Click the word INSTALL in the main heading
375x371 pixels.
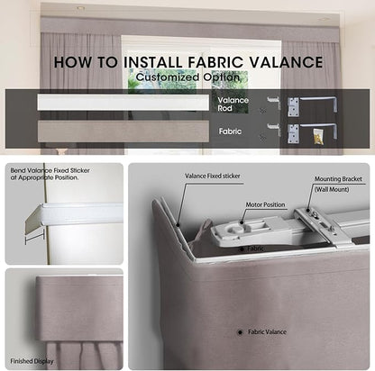pos(153,62)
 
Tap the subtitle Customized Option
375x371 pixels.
pos(188,77)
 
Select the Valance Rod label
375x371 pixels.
pos(233,104)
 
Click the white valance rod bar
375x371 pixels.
pos(123,103)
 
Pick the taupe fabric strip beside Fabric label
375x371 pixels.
pos(123,131)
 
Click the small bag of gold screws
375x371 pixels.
pos(318,136)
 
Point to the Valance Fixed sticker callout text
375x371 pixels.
pos(213,176)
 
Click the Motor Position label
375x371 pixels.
pos(265,204)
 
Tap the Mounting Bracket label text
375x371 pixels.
pos(338,179)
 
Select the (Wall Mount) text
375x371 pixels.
pos(332,189)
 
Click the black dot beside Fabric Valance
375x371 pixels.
pos(240,332)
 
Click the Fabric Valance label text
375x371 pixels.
pos(267,332)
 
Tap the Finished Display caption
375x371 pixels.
pos(32,361)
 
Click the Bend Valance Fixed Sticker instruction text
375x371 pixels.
pos(50,174)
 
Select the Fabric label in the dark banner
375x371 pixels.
pos(230,131)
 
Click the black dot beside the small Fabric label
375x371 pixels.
pos(242,249)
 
